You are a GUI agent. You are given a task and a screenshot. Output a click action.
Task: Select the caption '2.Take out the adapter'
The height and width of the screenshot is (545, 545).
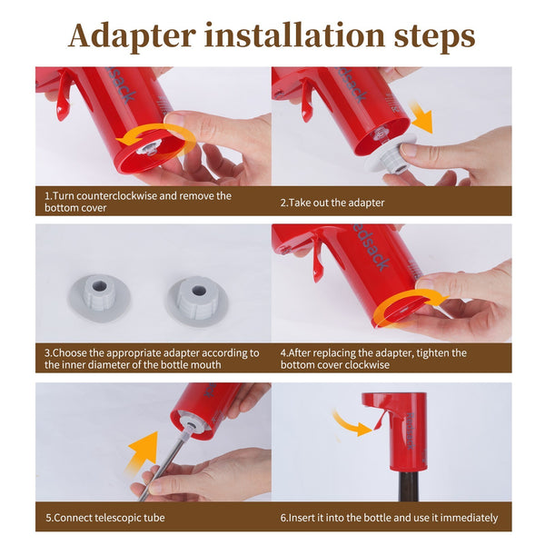[x=332, y=202]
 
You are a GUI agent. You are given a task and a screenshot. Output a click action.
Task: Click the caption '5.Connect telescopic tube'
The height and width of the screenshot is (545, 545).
[x=104, y=518]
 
